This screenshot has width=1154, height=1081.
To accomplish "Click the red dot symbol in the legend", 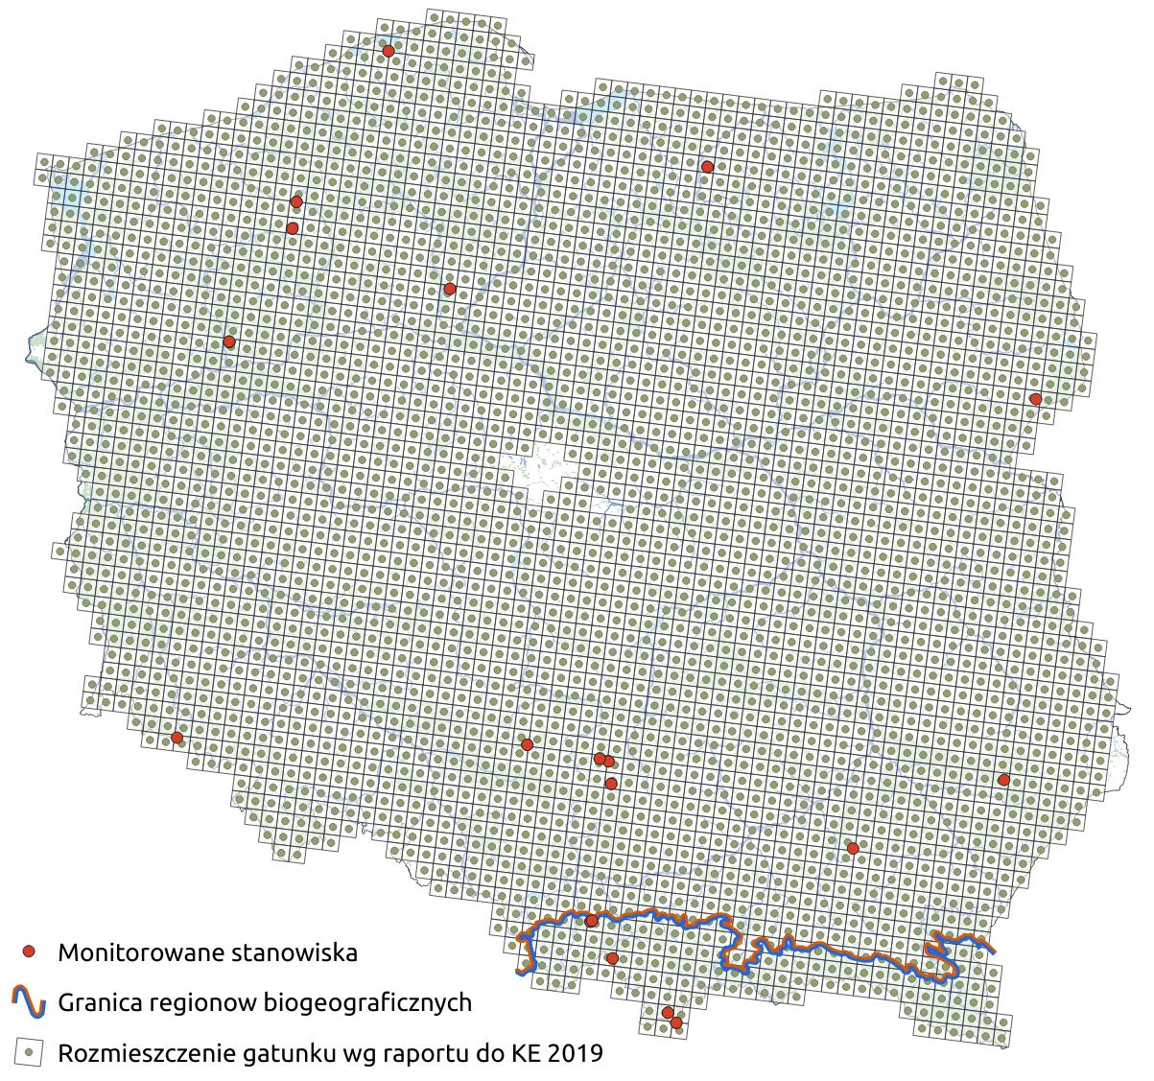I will pyautogui.click(x=30, y=952).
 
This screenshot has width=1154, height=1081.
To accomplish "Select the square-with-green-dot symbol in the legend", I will pyautogui.click(x=30, y=1052).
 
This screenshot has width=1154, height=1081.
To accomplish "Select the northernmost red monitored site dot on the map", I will pyautogui.click(x=389, y=51).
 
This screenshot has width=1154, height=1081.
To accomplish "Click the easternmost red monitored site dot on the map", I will pyautogui.click(x=1035, y=398).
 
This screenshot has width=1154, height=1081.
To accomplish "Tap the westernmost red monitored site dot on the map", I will pyautogui.click(x=177, y=738).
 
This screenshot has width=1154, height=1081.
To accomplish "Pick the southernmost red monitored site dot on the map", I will pyautogui.click(x=676, y=1022).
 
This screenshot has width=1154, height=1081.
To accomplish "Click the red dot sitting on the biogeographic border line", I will pyautogui.click(x=591, y=921).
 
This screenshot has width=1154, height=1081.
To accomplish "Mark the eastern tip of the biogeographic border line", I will pyautogui.click(x=993, y=951).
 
